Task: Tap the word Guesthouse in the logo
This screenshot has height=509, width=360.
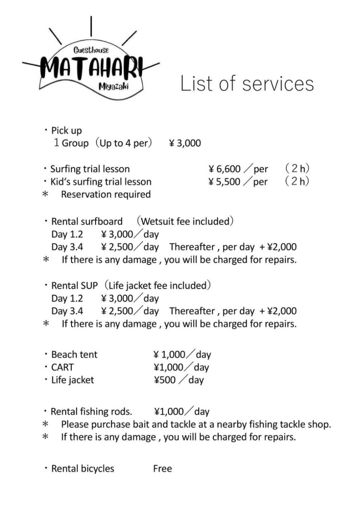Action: pyautogui.click(x=91, y=50)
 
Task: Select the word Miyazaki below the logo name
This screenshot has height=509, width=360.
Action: pyautogui.click(x=113, y=87)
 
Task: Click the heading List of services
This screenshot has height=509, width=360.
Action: pyautogui.click(x=247, y=84)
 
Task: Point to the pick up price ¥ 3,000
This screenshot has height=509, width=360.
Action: pyautogui.click(x=185, y=143)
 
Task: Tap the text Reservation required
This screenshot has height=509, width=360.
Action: pyautogui.click(x=105, y=195)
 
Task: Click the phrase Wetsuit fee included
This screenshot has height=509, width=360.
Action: pyautogui.click(x=185, y=221)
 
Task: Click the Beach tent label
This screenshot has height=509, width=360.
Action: pyautogui.click(x=74, y=354)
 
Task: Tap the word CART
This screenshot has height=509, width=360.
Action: pyautogui.click(x=63, y=367)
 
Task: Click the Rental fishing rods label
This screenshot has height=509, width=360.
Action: pyautogui.click(x=91, y=412)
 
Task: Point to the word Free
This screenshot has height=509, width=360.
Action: pyautogui.click(x=162, y=469)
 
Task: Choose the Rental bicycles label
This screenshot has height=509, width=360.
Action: pyautogui.click(x=83, y=469)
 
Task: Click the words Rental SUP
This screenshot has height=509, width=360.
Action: pyautogui.click(x=74, y=286)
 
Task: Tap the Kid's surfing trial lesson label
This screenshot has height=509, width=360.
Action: pyautogui.click(x=101, y=182)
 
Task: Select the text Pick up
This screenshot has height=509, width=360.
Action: pyautogui.click(x=66, y=131)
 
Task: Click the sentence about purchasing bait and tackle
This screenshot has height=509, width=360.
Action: pyautogui.click(x=196, y=424)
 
